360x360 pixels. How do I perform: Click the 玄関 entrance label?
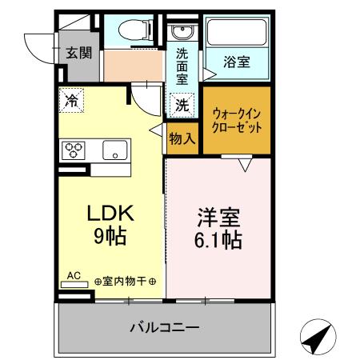coord(78,54)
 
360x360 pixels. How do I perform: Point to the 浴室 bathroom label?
coord(236,62)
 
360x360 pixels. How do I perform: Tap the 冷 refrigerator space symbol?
coord(71,102)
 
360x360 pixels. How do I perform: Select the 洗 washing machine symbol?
coord(182,104)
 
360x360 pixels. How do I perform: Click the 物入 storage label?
coord(182,138)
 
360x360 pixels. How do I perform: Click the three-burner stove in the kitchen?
coord(74,150)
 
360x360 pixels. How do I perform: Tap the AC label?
coord(74,276)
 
